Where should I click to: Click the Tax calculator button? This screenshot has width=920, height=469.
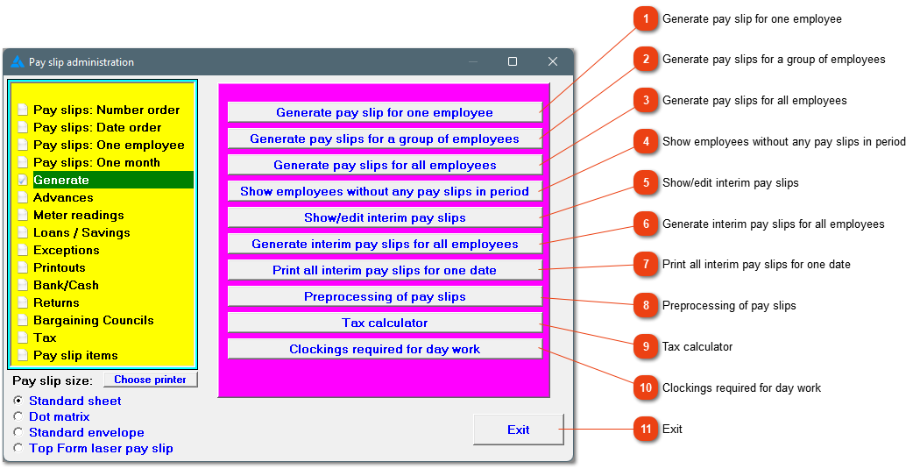pos(385,323)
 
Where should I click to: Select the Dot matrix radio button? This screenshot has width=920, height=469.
pos(18,416)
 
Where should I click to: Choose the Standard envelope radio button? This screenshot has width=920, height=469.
pos(18,432)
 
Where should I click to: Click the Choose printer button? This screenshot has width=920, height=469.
pos(150,380)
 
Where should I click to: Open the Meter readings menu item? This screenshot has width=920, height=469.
pos(79,215)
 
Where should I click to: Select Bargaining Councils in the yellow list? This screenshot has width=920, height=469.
pos(93,320)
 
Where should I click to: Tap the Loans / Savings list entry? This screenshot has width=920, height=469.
pos(81,232)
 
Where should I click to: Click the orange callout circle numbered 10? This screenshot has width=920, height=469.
pos(646,388)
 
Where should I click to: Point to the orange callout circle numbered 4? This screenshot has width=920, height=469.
pos(646,141)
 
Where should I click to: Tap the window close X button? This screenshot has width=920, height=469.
pos(553,61)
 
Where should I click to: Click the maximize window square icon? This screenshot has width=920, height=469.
pos(513,61)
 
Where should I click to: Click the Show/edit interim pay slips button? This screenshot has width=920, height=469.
pos(385,217)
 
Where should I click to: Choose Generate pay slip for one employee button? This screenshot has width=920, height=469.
pos(385,113)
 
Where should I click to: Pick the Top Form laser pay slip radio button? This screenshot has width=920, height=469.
pos(18,449)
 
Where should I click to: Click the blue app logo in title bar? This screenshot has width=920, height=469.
pos(18,61)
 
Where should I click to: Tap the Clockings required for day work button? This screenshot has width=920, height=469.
pos(385,349)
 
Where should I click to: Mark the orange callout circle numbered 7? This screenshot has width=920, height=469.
pos(646,265)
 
